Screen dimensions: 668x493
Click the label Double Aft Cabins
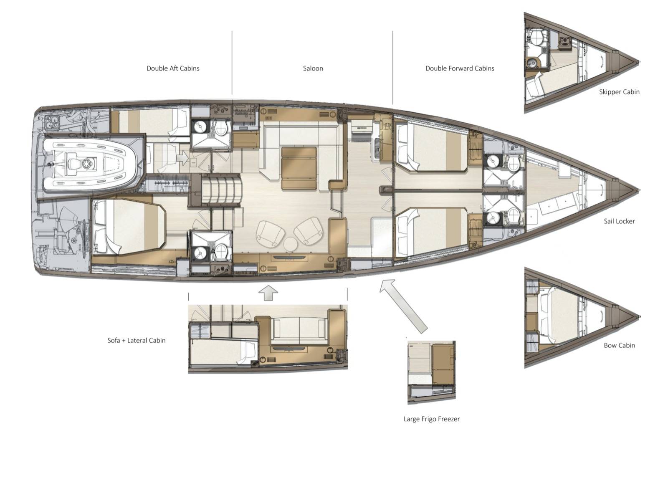(x=173, y=68)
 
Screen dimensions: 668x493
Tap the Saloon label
(x=313, y=68)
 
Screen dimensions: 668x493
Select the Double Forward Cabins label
(x=460, y=68)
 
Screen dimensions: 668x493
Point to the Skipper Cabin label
(x=619, y=92)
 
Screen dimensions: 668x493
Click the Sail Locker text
(x=619, y=221)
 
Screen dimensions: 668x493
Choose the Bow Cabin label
(x=619, y=345)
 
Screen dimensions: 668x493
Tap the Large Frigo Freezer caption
(x=432, y=419)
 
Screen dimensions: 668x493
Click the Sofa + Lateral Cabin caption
(x=137, y=341)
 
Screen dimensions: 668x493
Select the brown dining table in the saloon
(x=299, y=168)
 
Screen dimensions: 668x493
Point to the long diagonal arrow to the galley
(x=403, y=306)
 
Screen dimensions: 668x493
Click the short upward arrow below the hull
(x=268, y=293)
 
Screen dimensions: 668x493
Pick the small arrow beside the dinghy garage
(x=182, y=157)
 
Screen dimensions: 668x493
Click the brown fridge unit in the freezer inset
(x=443, y=365)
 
